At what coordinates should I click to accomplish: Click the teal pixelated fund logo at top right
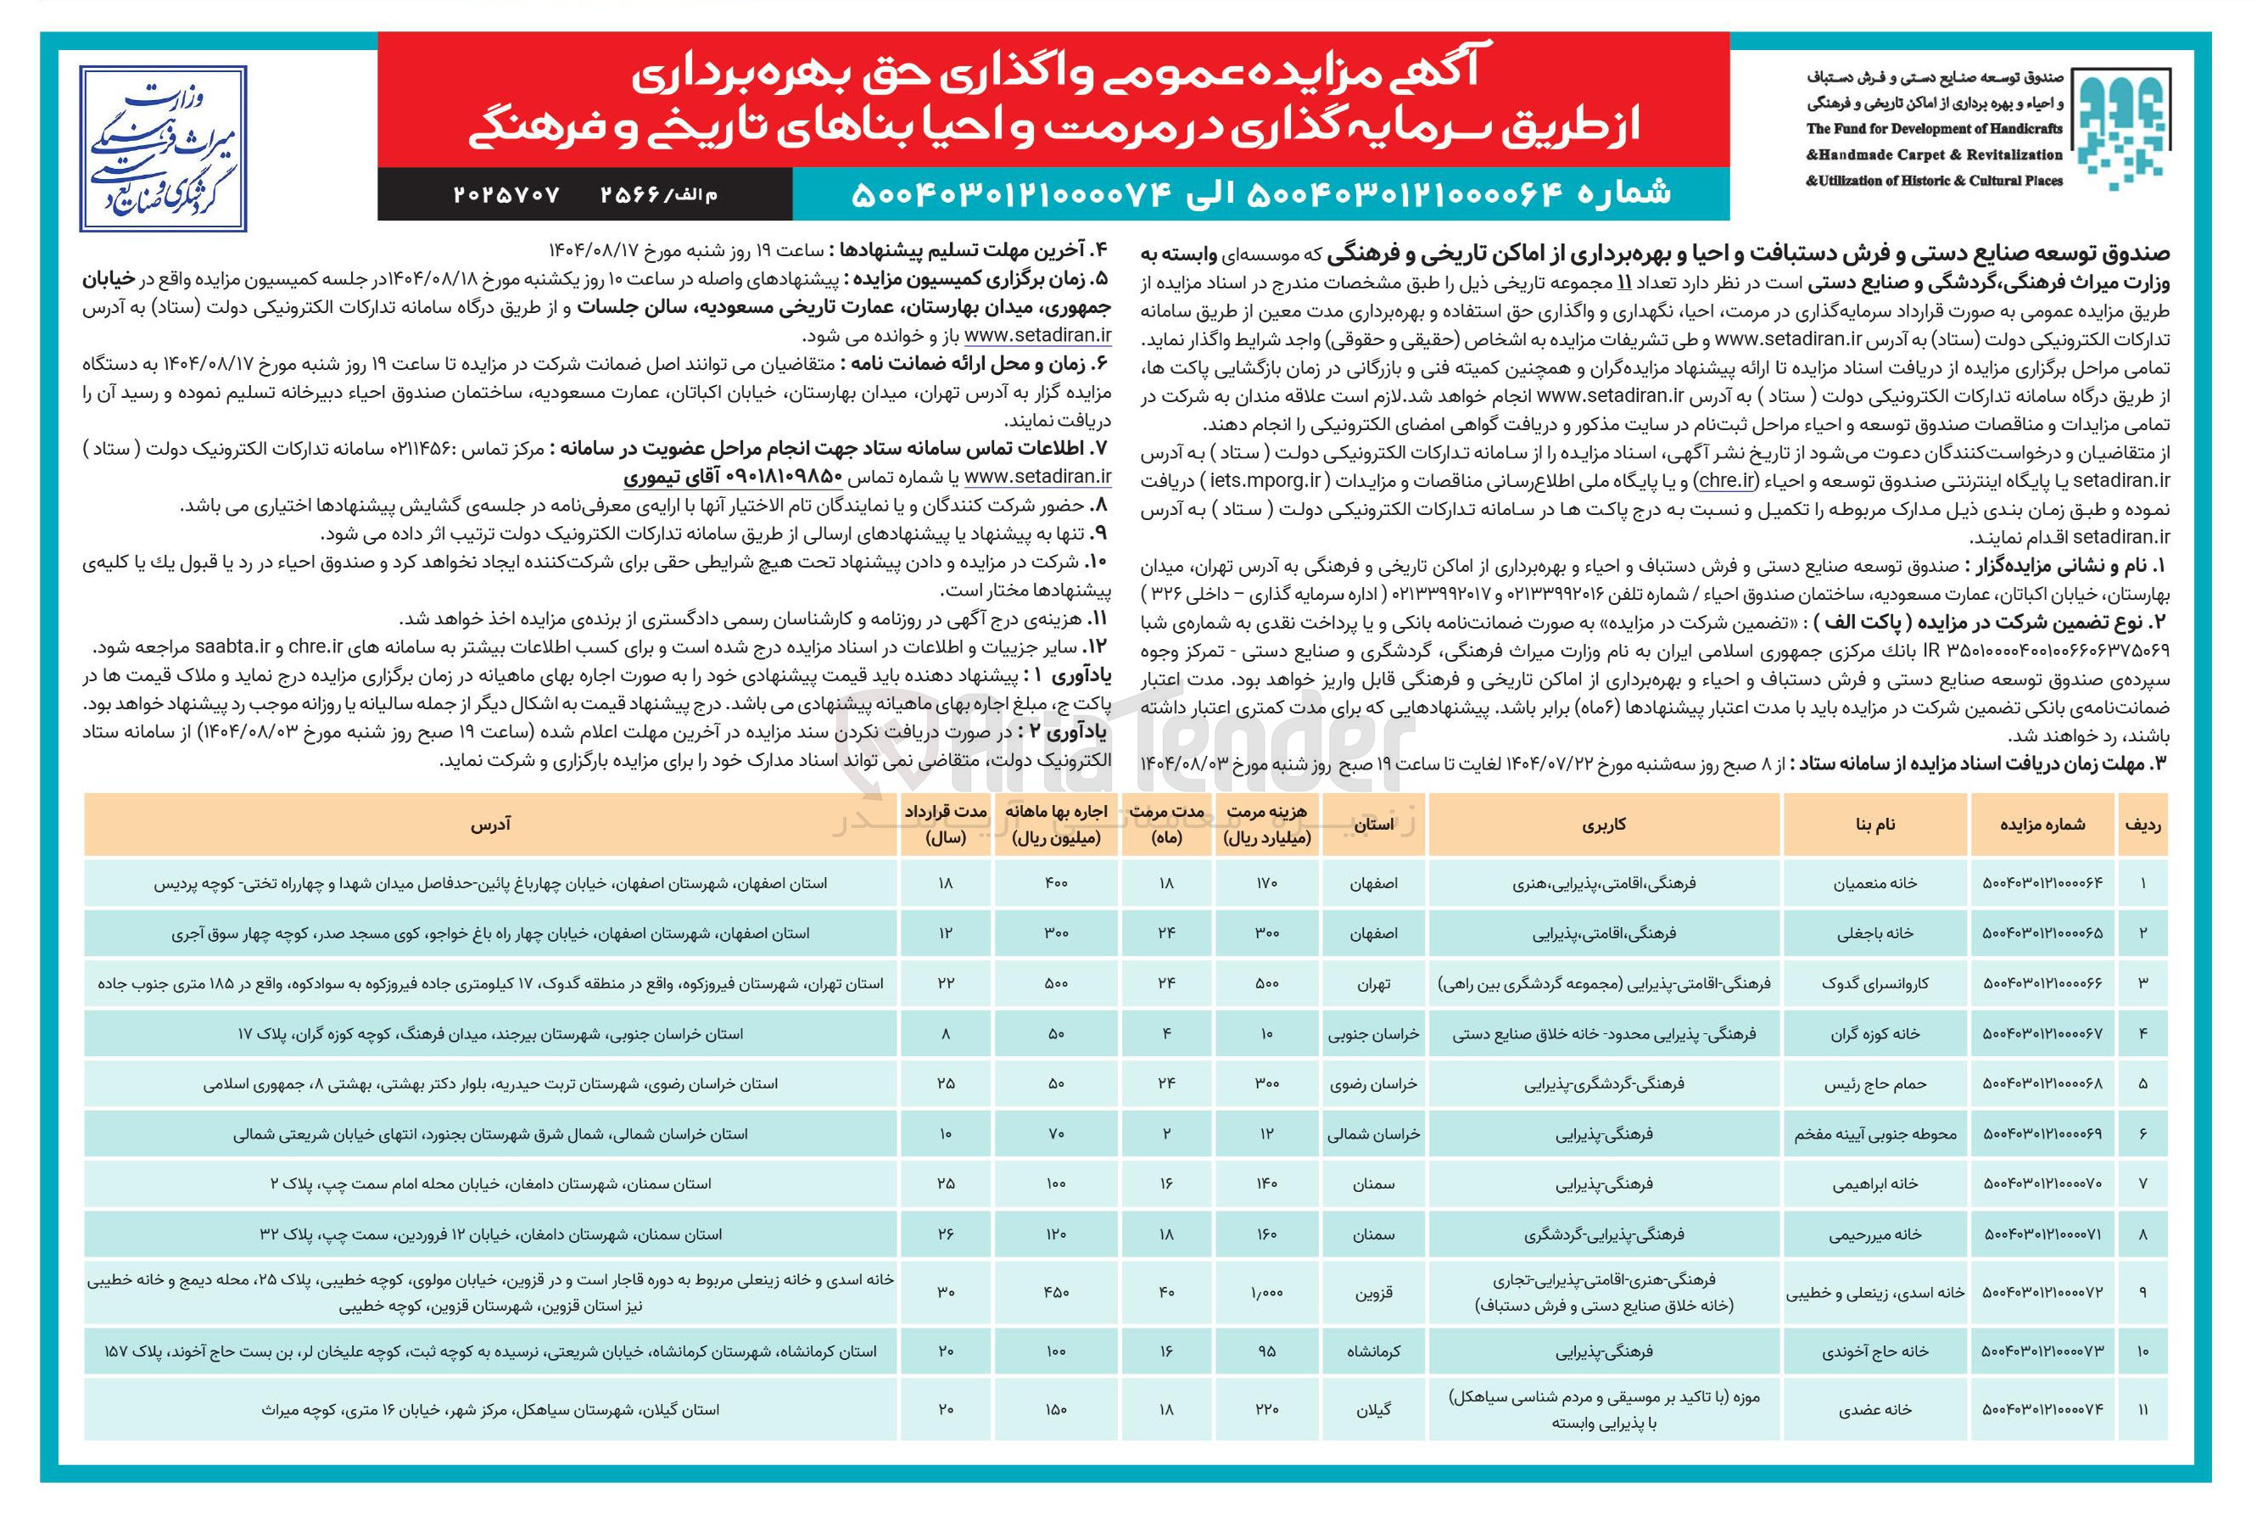pos(2120,129)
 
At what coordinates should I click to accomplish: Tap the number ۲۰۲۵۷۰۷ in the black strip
pos(506,194)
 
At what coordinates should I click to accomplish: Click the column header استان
pos(1372,825)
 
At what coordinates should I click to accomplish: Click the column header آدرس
pos(490,825)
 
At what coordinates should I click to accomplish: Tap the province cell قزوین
pos(1372,1293)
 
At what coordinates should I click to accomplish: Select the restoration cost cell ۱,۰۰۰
pos(1266,1293)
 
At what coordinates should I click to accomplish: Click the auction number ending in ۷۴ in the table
pos(2042,1410)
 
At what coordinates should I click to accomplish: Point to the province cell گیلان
pos(1372,1410)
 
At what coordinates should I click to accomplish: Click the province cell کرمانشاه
pos(1372,1351)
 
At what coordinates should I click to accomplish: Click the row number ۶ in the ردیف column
pos(2142,1134)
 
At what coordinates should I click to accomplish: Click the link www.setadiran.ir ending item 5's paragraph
pos(1037,335)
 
